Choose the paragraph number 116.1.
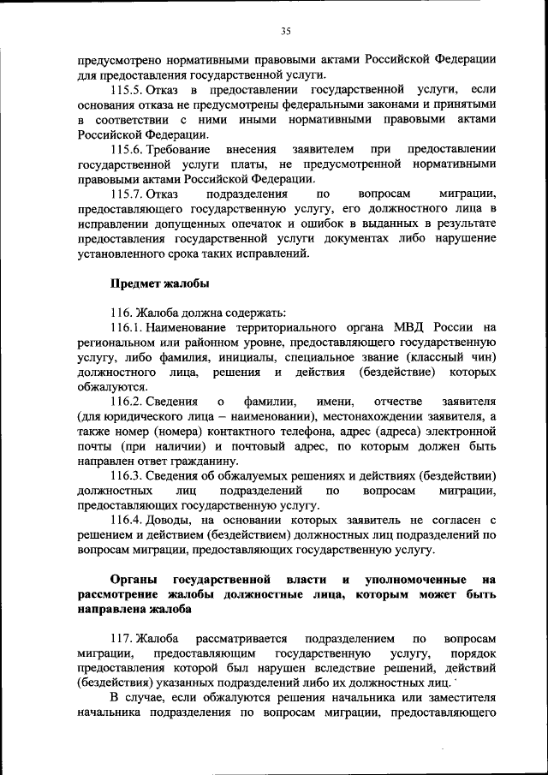tap(126, 326)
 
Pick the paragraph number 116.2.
tap(126, 401)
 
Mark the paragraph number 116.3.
tap(126, 475)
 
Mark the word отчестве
tap(399, 401)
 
